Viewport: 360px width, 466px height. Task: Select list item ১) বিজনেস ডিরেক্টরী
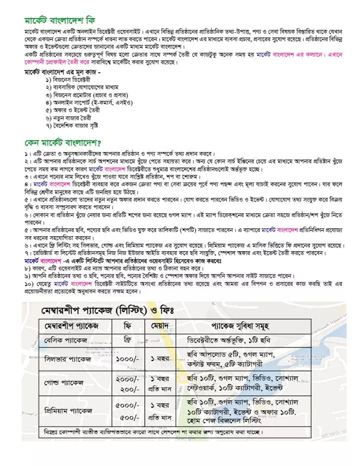[x=68, y=80]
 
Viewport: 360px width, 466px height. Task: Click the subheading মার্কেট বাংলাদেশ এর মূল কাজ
[x=62, y=72]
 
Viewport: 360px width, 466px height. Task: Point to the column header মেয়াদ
[x=161, y=326]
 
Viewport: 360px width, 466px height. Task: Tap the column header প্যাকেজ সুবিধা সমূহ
[x=243, y=326]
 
